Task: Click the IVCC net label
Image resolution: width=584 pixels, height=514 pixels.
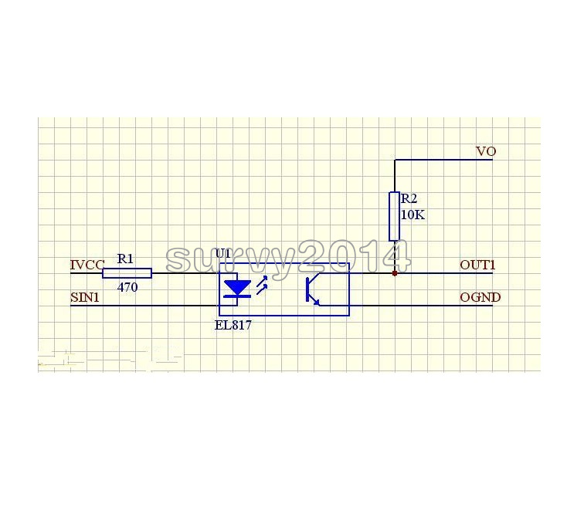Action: pyautogui.click(x=87, y=265)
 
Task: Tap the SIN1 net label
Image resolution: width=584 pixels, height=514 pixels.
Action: pyautogui.click(x=85, y=298)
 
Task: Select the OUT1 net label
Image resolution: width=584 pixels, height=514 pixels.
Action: pyautogui.click(x=477, y=265)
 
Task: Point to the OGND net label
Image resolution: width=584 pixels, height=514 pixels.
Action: pyautogui.click(x=480, y=298)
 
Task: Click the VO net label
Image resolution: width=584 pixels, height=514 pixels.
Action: pyautogui.click(x=485, y=152)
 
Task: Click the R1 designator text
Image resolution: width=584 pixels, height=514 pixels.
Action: pyautogui.click(x=124, y=259)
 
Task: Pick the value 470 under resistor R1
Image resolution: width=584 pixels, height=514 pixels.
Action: pyautogui.click(x=127, y=286)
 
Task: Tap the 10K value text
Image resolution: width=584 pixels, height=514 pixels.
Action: pyautogui.click(x=413, y=215)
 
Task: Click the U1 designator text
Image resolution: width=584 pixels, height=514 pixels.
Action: pyautogui.click(x=222, y=253)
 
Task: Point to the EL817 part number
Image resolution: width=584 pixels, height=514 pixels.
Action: pyautogui.click(x=233, y=326)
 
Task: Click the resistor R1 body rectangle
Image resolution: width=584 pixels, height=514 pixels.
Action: pyautogui.click(x=127, y=273)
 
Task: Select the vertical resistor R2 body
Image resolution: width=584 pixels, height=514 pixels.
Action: pyautogui.click(x=394, y=217)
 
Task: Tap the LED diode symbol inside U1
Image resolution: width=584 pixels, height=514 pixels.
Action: pyautogui.click(x=236, y=289)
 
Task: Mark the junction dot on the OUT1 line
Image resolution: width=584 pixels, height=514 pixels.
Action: pyautogui.click(x=395, y=272)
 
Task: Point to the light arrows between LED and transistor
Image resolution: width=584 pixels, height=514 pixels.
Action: pyautogui.click(x=262, y=286)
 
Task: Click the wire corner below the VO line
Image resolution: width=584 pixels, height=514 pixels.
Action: pyautogui.click(x=395, y=161)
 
